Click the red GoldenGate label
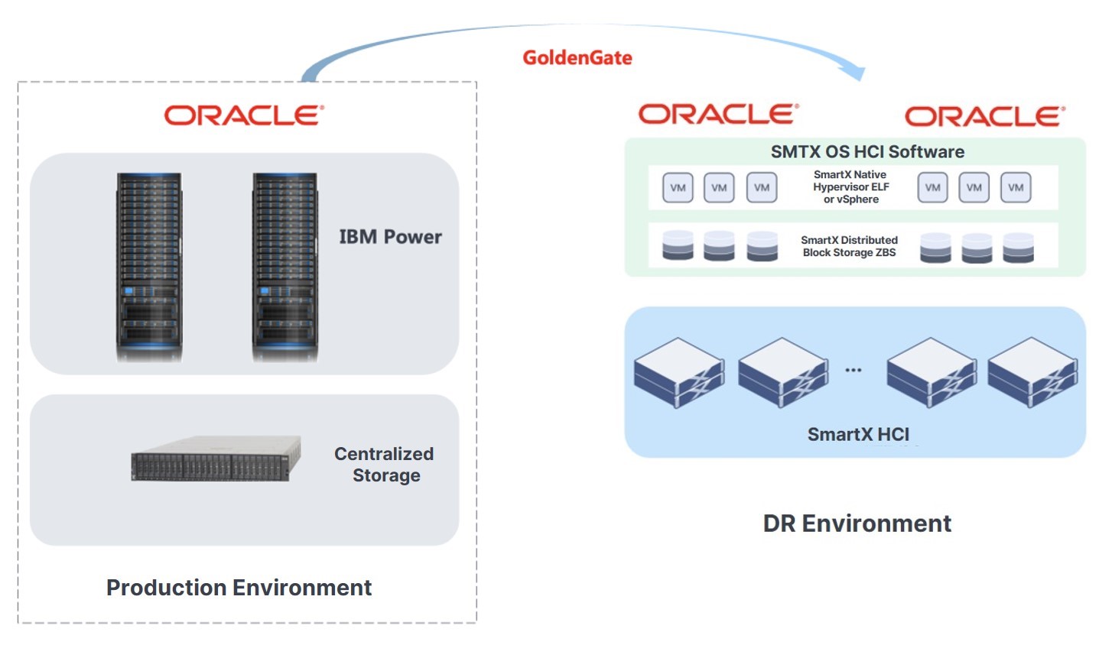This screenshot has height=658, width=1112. tap(577, 57)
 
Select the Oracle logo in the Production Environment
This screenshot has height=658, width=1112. tap(244, 115)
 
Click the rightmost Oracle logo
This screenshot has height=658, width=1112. tap(985, 117)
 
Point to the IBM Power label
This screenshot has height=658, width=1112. tap(390, 237)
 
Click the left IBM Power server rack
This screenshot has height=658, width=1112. tap(149, 267)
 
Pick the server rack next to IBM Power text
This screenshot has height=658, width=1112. tap(285, 267)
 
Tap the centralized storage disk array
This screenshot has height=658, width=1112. tap(216, 458)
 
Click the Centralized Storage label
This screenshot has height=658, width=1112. tap(384, 465)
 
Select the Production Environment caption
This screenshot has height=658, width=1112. tap(239, 588)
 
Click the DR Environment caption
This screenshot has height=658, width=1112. tap(857, 523)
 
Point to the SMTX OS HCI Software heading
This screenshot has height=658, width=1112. tap(867, 151)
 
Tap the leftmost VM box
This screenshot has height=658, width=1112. tap(678, 187)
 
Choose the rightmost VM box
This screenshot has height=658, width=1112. tap(1016, 187)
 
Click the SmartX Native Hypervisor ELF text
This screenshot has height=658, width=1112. tap(851, 180)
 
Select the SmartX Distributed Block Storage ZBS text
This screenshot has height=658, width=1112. tap(850, 246)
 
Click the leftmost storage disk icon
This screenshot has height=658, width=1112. tap(678, 245)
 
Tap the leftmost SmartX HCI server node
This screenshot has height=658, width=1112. tap(679, 373)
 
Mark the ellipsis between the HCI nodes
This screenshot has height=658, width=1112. tap(854, 370)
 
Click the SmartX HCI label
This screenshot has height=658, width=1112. tap(858, 434)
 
